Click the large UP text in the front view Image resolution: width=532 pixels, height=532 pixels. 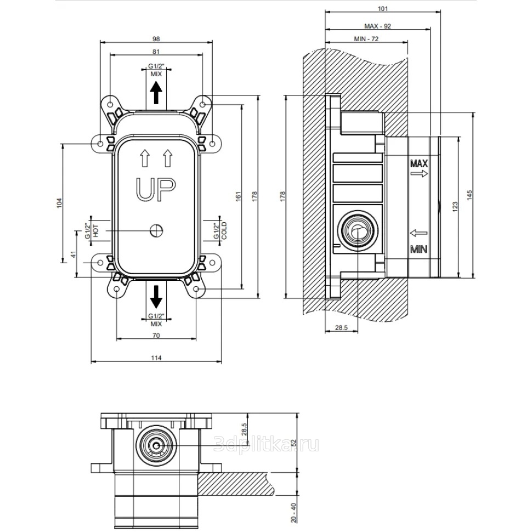pyautogui.click(x=156, y=190)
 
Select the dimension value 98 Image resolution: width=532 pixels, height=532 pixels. pyautogui.click(x=156, y=38)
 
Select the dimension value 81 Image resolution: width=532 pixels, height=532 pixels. pyautogui.click(x=156, y=52)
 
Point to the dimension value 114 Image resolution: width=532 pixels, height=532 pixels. pyautogui.click(x=156, y=358)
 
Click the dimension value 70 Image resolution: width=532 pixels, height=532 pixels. pyautogui.click(x=156, y=335)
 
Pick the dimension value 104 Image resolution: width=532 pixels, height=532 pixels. pyautogui.click(x=60, y=202)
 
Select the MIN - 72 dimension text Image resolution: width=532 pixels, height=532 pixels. pyautogui.click(x=366, y=39)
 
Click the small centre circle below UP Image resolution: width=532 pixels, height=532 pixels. pyautogui.click(x=156, y=231)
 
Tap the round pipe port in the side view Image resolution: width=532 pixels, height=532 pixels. pyautogui.click(x=357, y=230)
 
